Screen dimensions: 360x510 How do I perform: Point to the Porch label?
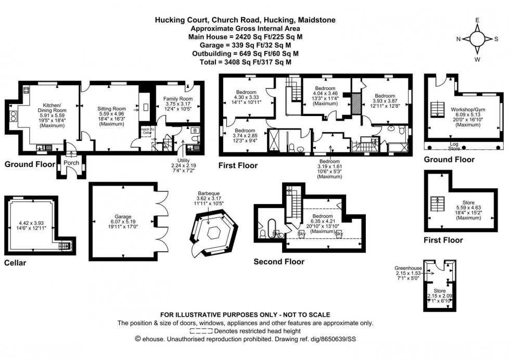[x=70, y=163]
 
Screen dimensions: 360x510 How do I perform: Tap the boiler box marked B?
[x=194, y=131]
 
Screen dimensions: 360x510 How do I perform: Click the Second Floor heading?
[x=279, y=262]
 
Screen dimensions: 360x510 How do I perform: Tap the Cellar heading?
[x=15, y=263]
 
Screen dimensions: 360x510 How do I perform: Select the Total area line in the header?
[x=245, y=61]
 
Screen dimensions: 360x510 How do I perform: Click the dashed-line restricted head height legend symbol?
[x=201, y=331]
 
